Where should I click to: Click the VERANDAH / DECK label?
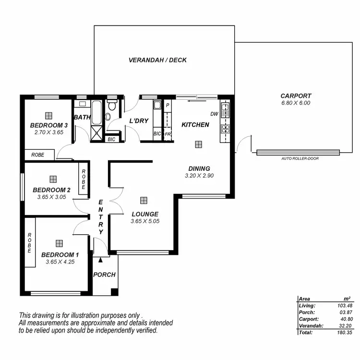[157, 60]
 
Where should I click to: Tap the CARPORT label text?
[296, 96]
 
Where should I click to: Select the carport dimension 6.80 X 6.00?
[296, 103]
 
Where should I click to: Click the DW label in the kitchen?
[214, 114]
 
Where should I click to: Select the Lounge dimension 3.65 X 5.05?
[144, 221]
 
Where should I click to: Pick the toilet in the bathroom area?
[110, 109]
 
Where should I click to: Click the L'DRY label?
[139, 121]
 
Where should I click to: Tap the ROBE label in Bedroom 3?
[37, 155]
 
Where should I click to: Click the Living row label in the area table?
[307, 305]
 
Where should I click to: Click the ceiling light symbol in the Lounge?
[144, 200]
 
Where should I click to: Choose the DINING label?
[199, 168]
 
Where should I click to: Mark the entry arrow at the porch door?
[100, 260]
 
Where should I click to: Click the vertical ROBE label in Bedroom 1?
[30, 243]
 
